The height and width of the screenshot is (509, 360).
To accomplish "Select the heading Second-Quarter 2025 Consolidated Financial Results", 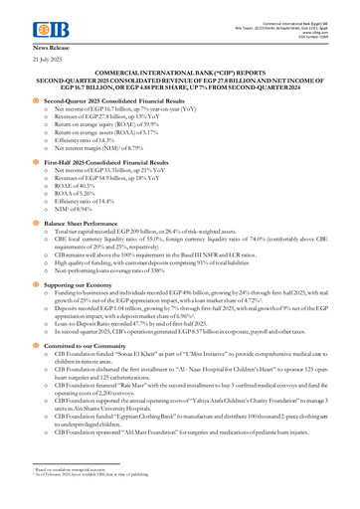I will (x=115, y=102).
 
